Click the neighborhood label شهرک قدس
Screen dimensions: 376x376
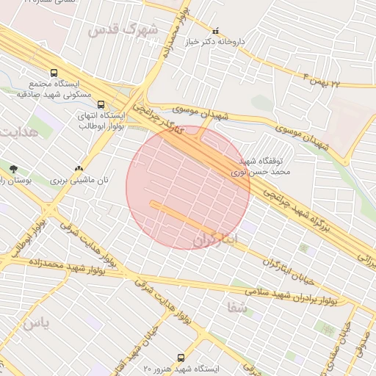[x=123, y=31]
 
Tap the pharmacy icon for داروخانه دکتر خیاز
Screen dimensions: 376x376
[x=215, y=32]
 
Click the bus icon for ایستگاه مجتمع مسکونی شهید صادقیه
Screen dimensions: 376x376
[x=53, y=73]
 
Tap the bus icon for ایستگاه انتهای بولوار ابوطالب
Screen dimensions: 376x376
[x=101, y=104]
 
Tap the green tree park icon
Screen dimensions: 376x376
[x=12, y=169]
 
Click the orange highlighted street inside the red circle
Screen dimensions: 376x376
[x=184, y=216]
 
